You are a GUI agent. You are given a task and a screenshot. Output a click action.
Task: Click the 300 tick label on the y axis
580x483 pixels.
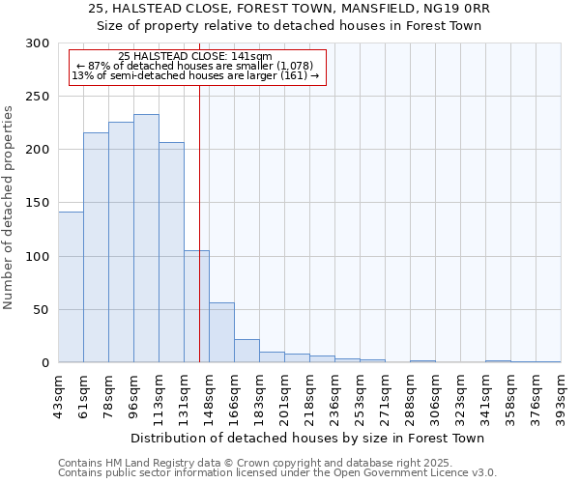(38, 43)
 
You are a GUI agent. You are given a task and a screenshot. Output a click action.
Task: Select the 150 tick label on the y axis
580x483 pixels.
(38, 204)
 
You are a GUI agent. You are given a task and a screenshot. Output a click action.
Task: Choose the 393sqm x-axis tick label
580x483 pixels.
(562, 393)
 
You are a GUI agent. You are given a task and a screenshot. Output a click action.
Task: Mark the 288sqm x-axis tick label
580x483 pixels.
(411, 393)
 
